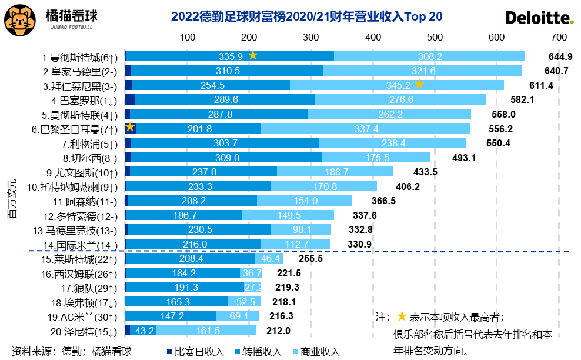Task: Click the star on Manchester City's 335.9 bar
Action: tap(253, 55)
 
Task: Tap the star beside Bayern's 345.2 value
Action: tap(419, 84)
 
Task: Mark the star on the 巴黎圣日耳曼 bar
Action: tap(130, 128)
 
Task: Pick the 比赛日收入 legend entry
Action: tap(195, 352)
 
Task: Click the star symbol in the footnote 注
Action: tap(402, 316)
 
